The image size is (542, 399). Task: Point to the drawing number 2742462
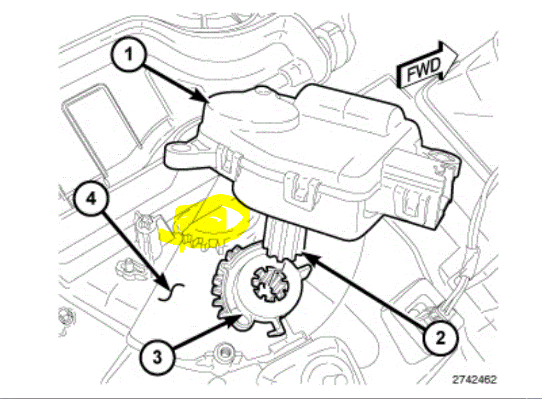475,379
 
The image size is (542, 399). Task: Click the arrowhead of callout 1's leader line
206,99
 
